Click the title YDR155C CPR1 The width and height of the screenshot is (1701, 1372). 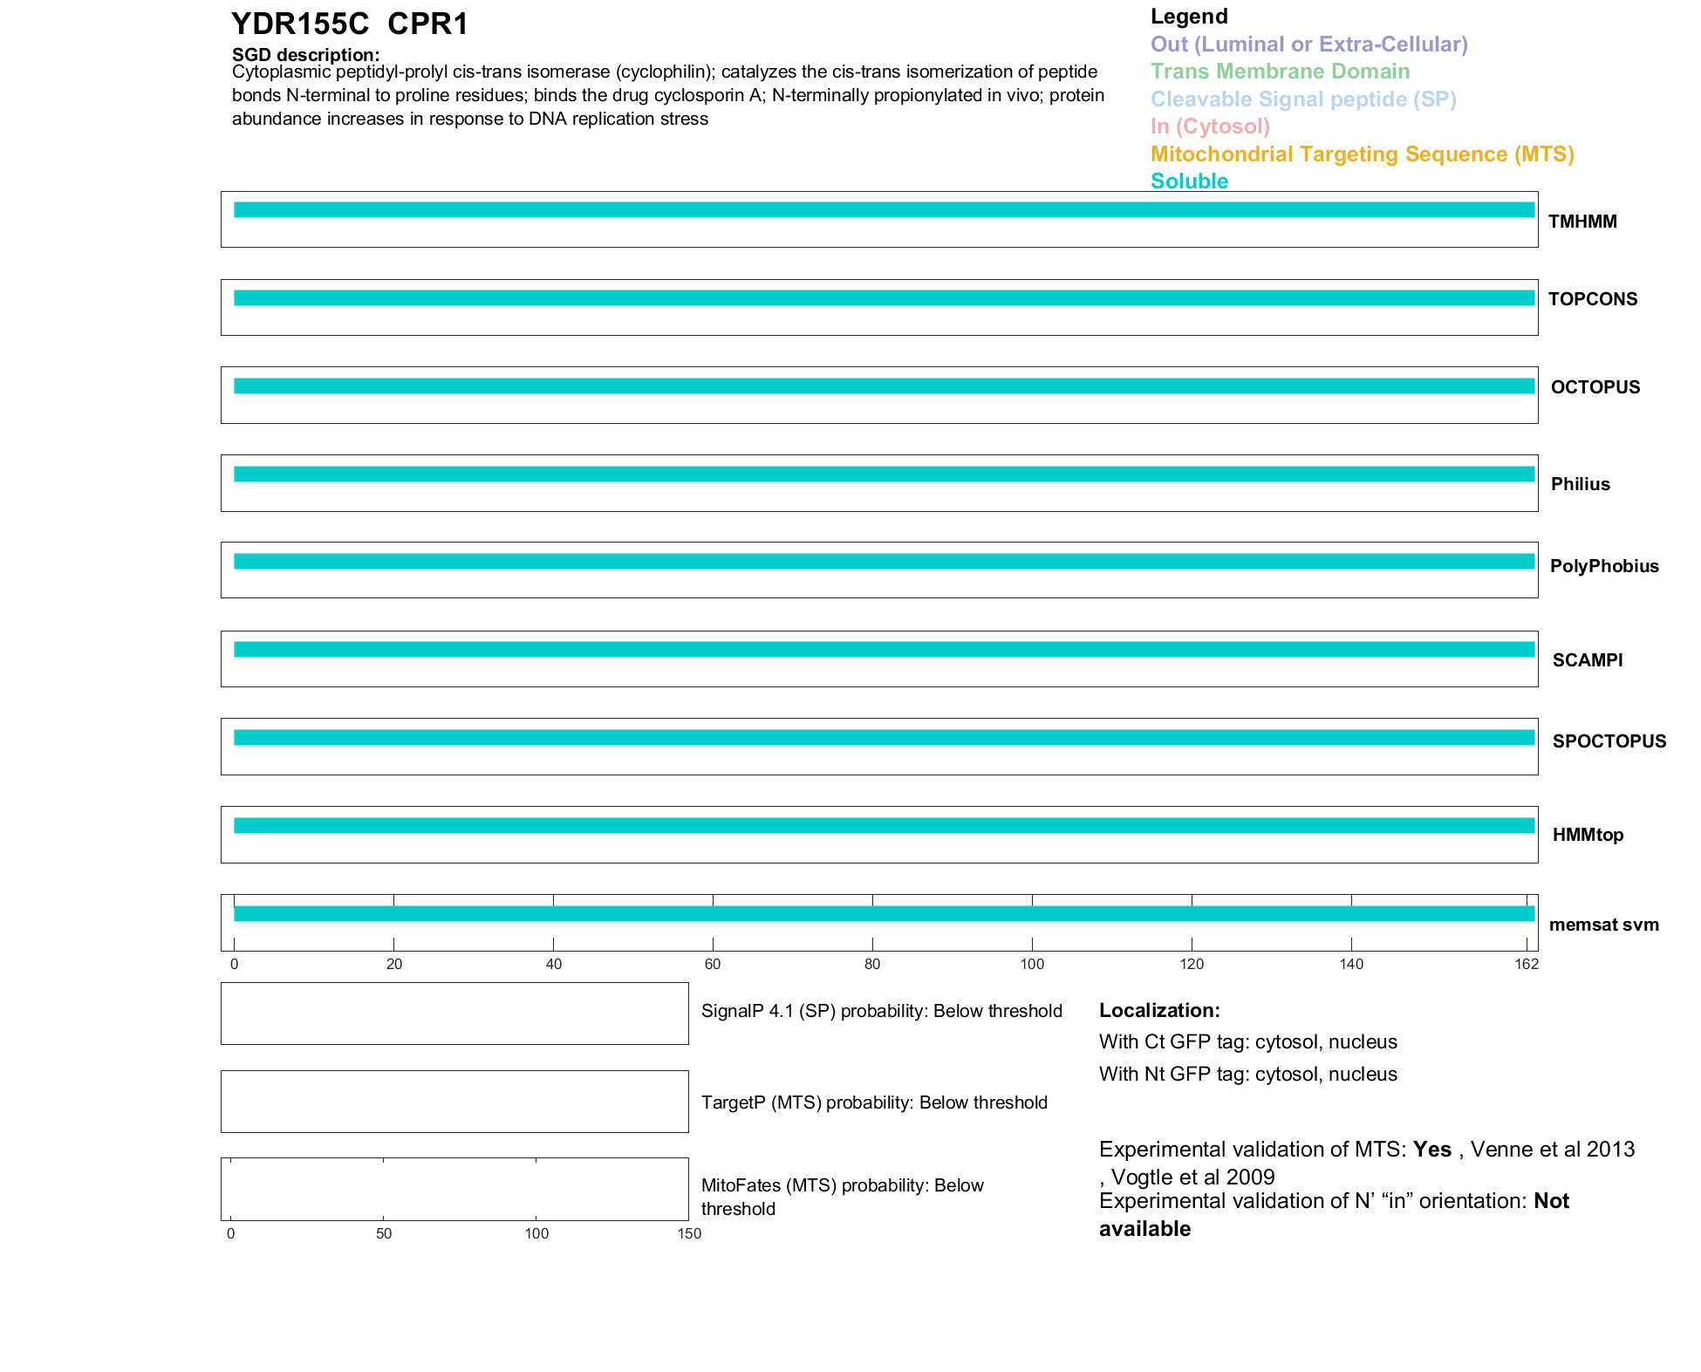point(349,24)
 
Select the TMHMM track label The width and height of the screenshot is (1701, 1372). point(1581,222)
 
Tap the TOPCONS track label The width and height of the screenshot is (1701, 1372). point(1592,299)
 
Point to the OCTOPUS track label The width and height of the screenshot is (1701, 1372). point(1595,387)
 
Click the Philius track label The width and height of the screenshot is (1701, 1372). point(1580,484)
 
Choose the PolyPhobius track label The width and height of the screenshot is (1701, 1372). point(1603,566)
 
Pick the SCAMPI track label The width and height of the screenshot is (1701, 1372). point(1587,660)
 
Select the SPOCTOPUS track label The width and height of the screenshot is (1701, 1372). point(1609,741)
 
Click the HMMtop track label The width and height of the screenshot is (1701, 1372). point(1588,835)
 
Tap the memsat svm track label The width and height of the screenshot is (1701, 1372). point(1603,925)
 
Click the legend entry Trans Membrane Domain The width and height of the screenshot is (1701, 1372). point(1280,72)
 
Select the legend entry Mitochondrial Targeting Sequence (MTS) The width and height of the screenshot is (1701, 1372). point(1362,154)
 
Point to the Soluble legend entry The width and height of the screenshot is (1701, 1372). point(1189,181)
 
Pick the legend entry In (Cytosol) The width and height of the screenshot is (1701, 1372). point(1210,126)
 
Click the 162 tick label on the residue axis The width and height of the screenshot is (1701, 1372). point(1527,964)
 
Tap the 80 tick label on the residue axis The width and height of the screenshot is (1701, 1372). point(872,964)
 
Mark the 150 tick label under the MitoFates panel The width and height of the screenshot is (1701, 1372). point(689,1233)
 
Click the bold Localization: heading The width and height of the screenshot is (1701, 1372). point(1159,1010)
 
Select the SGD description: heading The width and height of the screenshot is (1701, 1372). point(305,55)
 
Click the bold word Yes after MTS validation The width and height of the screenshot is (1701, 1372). point(1431,1150)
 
